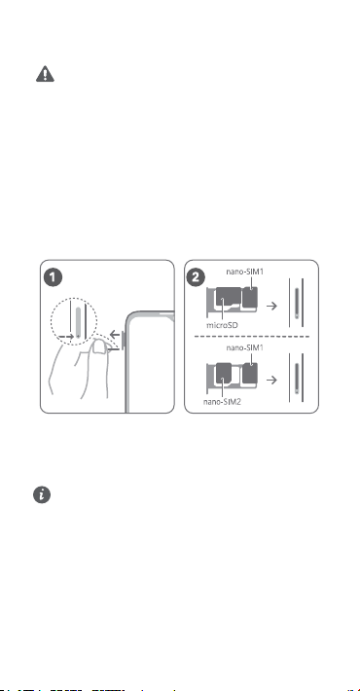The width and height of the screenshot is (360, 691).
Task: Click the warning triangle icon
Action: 45,74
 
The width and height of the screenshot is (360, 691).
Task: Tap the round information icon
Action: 42,495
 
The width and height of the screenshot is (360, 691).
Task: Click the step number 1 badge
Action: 54,277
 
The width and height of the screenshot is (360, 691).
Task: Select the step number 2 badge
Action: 197,277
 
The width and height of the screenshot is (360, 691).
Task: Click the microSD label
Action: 222,326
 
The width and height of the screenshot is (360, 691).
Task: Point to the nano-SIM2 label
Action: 222,402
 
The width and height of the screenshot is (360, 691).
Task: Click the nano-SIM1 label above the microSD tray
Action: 245,272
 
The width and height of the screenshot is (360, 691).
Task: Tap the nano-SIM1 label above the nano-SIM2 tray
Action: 245,347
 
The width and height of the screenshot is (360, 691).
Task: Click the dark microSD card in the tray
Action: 228,297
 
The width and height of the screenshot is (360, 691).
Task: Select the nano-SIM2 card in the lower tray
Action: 225,373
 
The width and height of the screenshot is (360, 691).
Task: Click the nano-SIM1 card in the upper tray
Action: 250,297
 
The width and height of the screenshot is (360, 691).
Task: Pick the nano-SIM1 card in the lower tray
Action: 250,373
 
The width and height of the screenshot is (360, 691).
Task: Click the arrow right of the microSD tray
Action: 272,306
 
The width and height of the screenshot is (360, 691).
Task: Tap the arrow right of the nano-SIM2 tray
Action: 272,380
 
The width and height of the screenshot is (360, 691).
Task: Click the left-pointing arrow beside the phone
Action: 115,334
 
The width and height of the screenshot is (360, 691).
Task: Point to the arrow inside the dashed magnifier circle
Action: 66,336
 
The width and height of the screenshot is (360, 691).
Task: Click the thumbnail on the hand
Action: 99,347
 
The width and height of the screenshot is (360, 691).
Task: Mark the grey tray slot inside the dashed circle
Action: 79,322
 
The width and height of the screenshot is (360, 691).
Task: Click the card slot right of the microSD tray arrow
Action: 296,303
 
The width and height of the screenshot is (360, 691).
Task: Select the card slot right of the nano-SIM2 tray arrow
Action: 296,378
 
